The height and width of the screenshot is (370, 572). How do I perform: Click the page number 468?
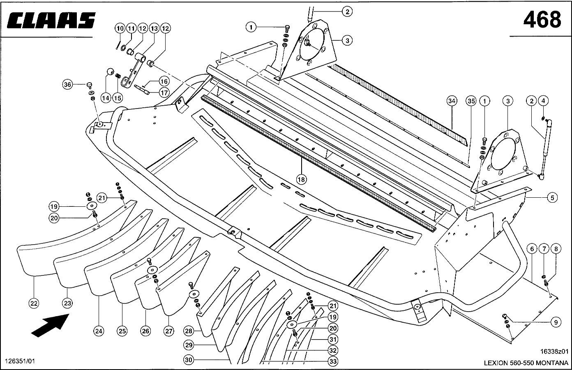pos(542,19)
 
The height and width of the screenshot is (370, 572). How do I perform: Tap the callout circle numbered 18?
pos(302,179)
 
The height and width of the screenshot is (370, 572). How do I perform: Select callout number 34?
pos(452,101)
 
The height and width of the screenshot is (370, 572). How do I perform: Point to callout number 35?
pos(471,101)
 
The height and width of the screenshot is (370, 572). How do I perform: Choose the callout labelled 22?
pos(34,303)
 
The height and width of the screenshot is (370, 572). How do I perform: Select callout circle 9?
pos(556,322)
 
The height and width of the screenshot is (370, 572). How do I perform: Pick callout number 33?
pos(333,361)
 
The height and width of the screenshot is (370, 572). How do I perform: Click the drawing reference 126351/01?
pos(20,361)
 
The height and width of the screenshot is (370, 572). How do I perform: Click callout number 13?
pos(154,28)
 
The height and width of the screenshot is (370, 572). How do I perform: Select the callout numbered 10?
pos(119,28)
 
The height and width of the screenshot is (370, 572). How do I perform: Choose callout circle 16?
pos(164,81)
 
